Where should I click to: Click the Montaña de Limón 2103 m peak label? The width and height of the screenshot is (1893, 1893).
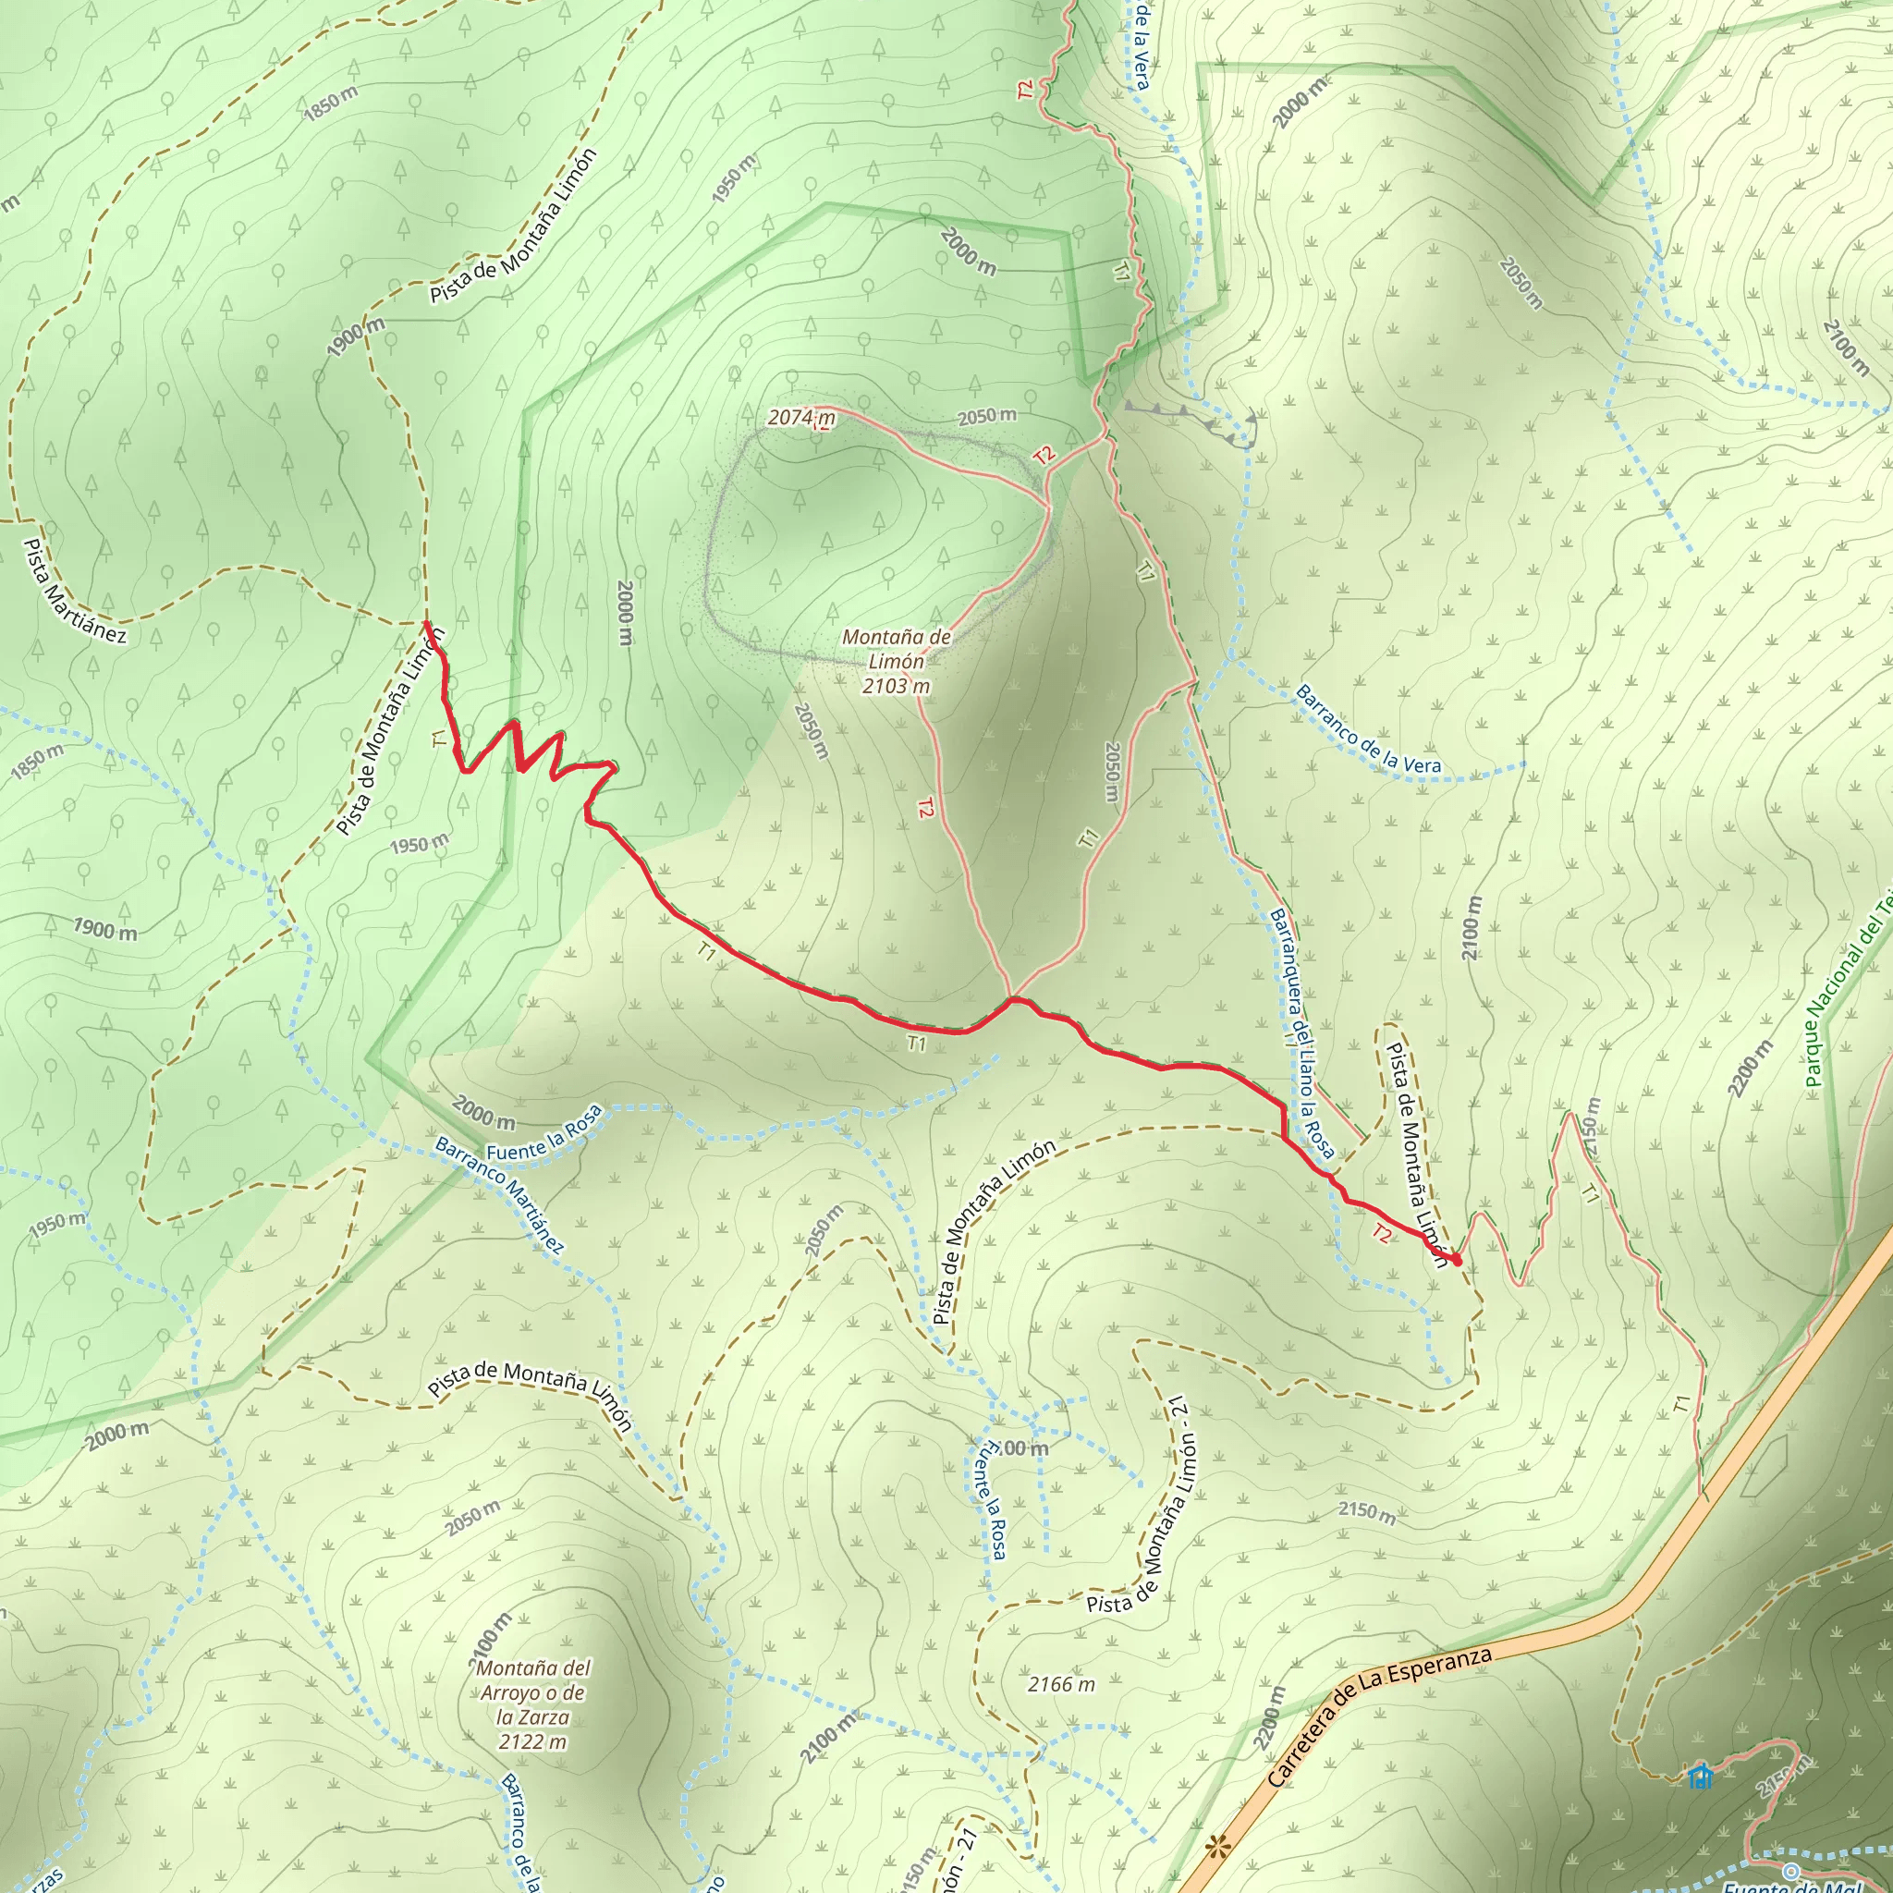coord(896,662)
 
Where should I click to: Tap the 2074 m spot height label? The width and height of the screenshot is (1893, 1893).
coord(800,418)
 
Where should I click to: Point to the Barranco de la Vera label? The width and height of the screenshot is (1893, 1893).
coord(1368,729)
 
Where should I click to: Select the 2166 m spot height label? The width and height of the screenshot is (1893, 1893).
coord(1061,1684)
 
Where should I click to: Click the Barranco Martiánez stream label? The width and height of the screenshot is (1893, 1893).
coord(500,1195)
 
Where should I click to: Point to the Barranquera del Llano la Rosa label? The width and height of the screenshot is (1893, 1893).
coord(1302,1031)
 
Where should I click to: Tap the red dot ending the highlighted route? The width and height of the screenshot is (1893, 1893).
coord(1457,1260)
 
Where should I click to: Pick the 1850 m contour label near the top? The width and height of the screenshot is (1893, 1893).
coord(330,102)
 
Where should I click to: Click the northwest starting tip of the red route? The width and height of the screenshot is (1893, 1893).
coord(426,622)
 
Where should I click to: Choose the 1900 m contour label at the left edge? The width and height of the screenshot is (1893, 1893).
coord(104,929)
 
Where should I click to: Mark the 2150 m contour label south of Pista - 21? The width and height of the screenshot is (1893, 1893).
coord(1367,1514)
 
